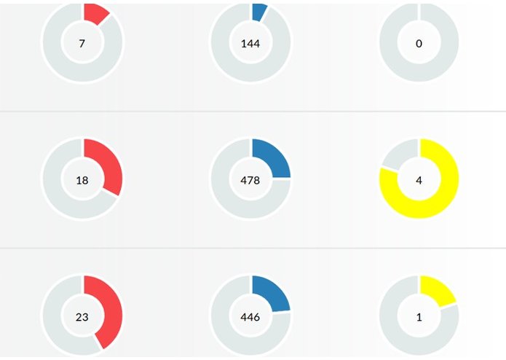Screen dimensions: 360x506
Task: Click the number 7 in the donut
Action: [82, 44]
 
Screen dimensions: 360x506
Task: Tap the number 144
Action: [250, 44]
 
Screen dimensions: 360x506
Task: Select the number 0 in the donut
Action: [419, 44]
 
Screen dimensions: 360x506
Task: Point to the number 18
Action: [82, 180]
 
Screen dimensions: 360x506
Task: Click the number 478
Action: [250, 180]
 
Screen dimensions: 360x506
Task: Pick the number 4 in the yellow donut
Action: [419, 180]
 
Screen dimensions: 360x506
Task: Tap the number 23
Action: [82, 317]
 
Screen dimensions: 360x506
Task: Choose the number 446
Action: [250, 317]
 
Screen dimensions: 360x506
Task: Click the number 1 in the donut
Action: [419, 317]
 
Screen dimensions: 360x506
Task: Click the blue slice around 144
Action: [258, 10]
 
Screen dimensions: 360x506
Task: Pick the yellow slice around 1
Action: [438, 291]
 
